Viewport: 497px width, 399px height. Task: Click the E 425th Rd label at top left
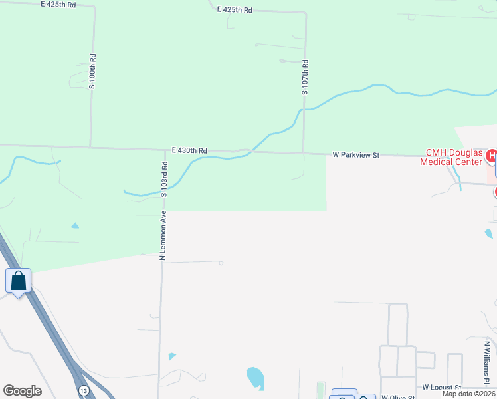(58, 4)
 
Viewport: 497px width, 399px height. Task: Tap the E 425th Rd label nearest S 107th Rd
(235, 10)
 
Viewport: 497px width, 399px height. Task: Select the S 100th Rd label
(92, 72)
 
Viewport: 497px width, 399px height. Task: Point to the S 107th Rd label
(305, 77)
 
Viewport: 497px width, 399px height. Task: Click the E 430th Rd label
(189, 151)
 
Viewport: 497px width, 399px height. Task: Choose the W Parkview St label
(355, 155)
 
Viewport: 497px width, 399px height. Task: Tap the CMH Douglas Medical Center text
(449, 157)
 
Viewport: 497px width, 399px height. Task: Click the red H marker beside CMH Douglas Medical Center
(492, 157)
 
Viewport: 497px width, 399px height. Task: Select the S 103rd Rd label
(163, 178)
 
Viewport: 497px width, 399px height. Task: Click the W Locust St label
(441, 387)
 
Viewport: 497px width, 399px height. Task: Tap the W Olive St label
(398, 396)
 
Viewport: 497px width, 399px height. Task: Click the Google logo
(22, 391)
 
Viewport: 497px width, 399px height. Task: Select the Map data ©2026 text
(468, 394)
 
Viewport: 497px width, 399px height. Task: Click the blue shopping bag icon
(18, 280)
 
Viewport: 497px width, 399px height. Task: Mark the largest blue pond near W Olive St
(255, 378)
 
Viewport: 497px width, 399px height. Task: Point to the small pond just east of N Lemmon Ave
(172, 356)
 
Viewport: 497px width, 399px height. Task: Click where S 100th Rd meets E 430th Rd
(90, 146)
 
